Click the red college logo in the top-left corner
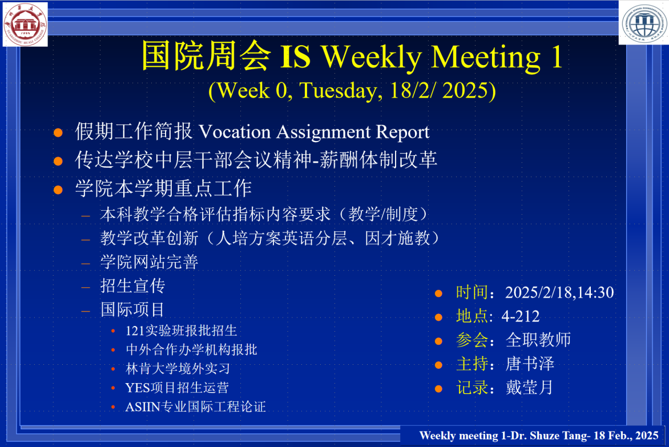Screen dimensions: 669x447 click(x=25, y=23)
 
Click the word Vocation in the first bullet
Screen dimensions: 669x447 click(x=235, y=132)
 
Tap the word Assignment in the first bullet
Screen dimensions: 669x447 click(x=324, y=132)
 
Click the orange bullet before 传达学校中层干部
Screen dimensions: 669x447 click(x=58, y=161)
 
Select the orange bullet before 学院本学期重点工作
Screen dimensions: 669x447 click(x=58, y=190)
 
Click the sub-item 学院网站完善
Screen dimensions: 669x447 click(x=150, y=262)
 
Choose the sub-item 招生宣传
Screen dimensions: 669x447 click(x=132, y=286)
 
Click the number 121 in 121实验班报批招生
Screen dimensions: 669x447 click(x=135, y=331)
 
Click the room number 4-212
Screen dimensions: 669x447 click(x=521, y=316)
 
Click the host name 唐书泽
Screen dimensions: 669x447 click(x=530, y=364)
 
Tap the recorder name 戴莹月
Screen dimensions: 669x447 click(x=529, y=388)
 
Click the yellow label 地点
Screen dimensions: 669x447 click(x=472, y=316)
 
